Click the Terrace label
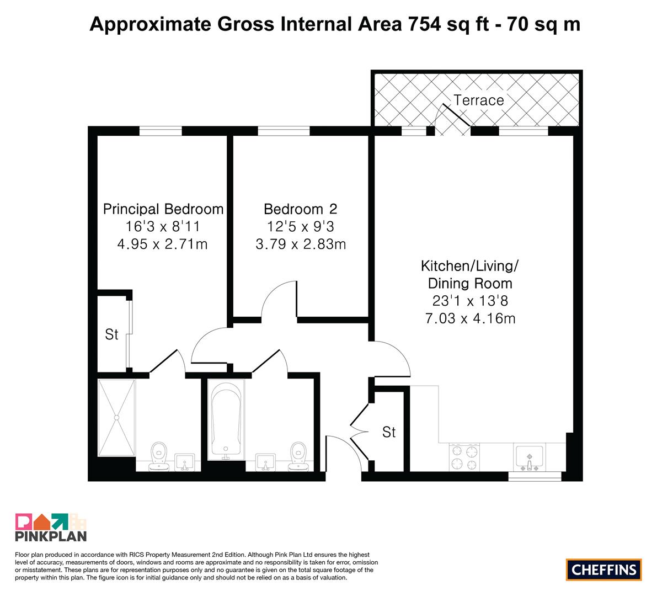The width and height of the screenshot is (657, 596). click(x=478, y=100)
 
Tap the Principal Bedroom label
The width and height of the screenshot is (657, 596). click(x=163, y=209)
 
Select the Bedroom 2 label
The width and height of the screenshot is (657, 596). click(x=301, y=209)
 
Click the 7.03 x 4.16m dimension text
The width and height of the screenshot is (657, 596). click(x=470, y=318)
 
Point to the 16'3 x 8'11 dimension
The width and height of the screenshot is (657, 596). click(x=163, y=226)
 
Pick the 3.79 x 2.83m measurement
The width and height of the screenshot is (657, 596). click(x=301, y=244)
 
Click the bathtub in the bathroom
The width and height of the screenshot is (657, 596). click(x=226, y=419)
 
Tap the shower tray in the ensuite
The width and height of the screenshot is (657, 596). click(x=116, y=417)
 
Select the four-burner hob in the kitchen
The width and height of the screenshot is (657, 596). click(x=464, y=457)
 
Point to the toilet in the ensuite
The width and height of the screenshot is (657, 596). click(x=159, y=456)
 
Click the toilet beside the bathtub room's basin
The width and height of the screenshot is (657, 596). click(x=298, y=456)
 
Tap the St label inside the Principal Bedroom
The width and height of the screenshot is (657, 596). click(x=111, y=334)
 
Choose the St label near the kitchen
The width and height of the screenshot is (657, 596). click(x=389, y=432)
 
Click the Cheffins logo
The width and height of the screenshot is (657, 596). click(x=604, y=570)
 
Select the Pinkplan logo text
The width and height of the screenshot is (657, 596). click(x=51, y=536)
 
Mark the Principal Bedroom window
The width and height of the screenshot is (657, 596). click(x=161, y=131)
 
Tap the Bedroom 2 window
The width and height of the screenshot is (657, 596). click(x=284, y=131)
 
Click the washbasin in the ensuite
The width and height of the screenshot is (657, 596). click(x=184, y=462)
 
